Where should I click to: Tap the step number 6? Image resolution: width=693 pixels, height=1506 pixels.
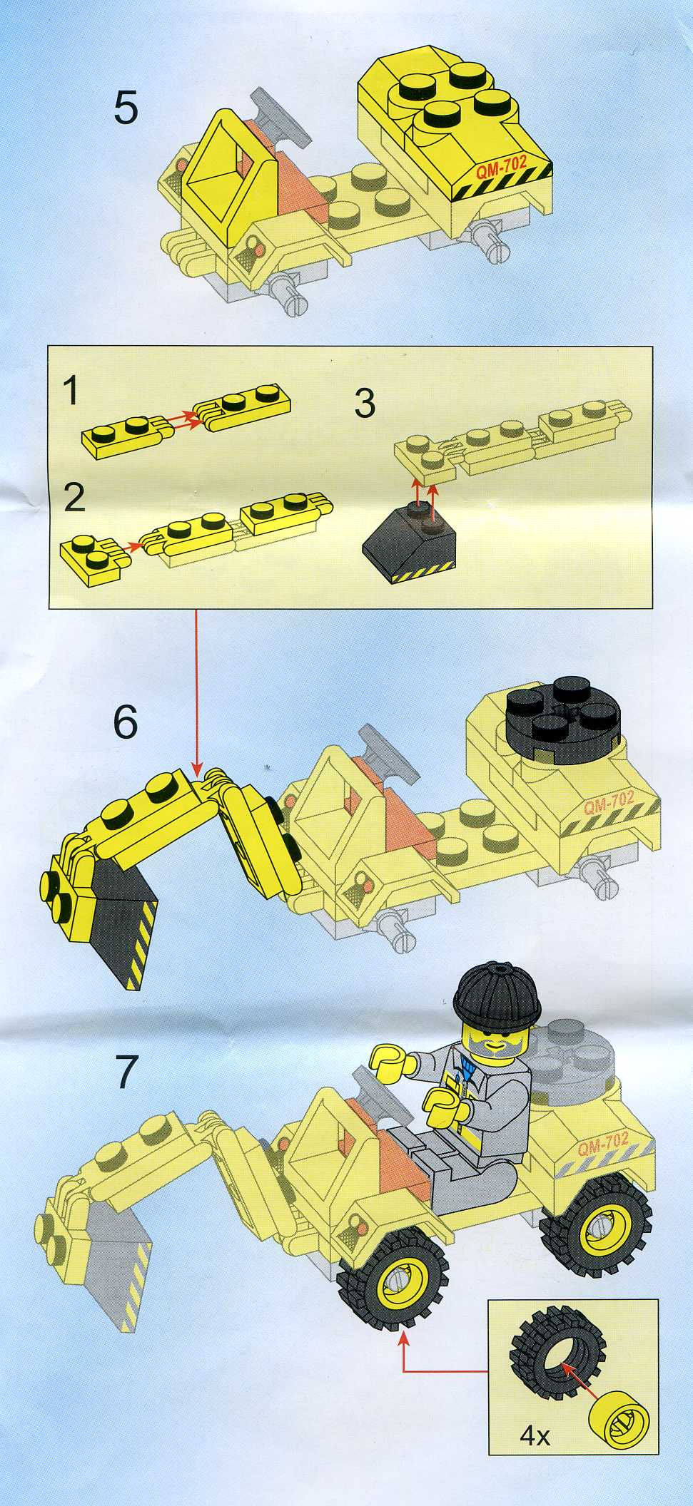tap(125, 723)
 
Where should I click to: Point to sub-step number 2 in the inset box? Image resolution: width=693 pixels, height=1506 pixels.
tap(74, 498)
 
